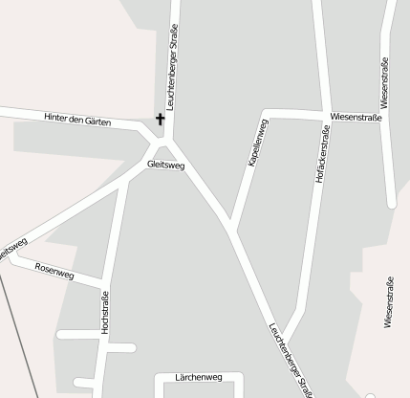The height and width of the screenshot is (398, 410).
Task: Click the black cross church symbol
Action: [x=160, y=120]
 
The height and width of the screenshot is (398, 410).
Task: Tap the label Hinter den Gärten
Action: [x=78, y=121]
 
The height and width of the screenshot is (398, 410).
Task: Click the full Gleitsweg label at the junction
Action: [x=165, y=165]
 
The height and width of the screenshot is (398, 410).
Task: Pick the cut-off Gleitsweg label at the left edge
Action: [x=11, y=249]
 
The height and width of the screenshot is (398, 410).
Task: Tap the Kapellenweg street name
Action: [x=257, y=144]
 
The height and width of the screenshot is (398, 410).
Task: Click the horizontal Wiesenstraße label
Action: [x=356, y=117]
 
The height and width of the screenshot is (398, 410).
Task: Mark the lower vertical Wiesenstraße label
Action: [x=388, y=302]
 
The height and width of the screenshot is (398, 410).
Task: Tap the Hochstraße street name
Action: [x=104, y=312]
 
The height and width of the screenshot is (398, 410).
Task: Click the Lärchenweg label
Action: [x=198, y=378]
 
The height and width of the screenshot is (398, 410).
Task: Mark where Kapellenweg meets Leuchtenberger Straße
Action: [x=234, y=229]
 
